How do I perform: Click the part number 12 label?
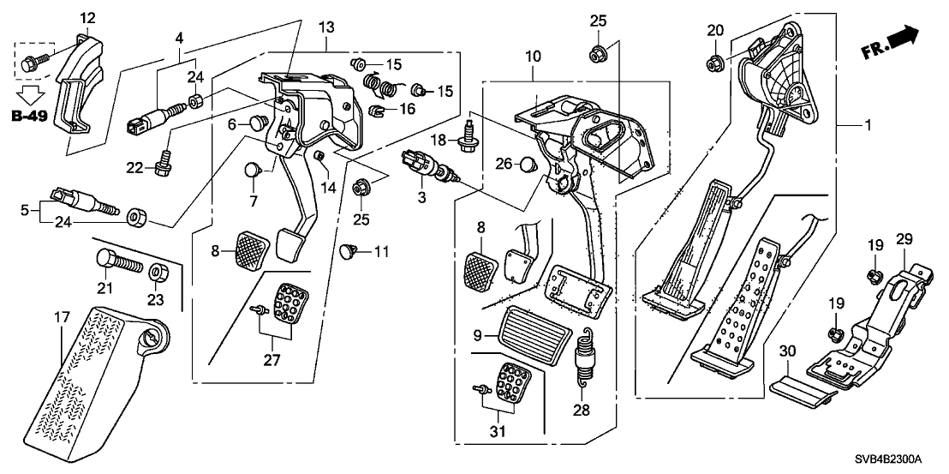coord(88,18)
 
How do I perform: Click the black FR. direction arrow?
coord(904,38)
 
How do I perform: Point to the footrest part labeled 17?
coord(94,377)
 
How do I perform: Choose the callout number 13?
coord(325,27)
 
